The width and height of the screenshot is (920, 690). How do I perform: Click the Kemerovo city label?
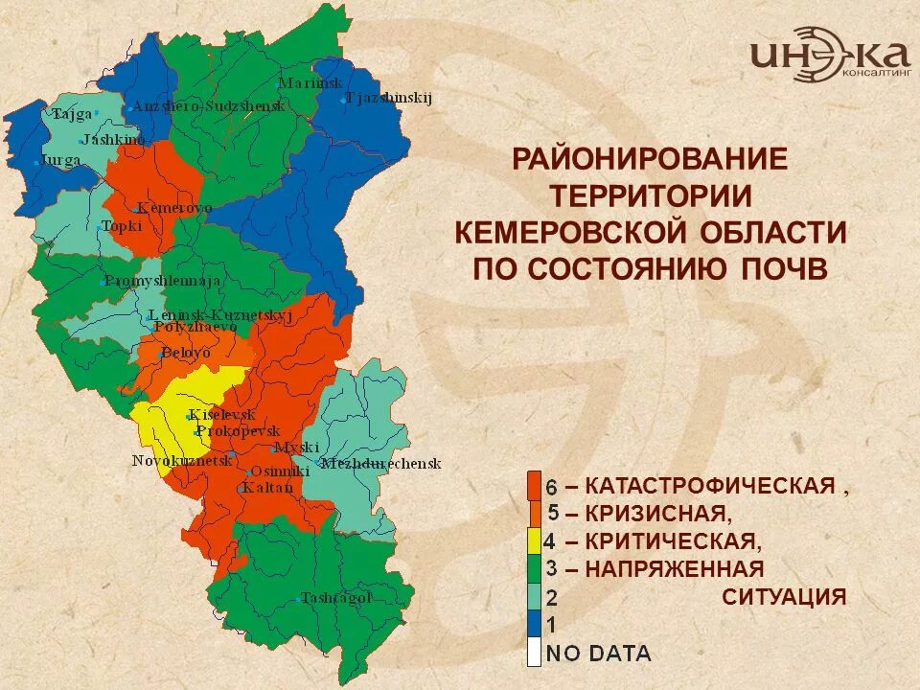pos(174,208)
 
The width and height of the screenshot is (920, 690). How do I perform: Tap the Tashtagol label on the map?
pos(335,598)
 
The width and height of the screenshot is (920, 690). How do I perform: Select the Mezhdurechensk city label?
pos(380,464)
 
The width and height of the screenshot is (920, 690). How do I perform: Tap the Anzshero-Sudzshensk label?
pos(208,106)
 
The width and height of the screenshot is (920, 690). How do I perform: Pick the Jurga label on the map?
pos(58,160)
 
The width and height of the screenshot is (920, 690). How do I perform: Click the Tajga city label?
pos(72,114)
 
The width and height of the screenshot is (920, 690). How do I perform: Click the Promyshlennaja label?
pos(163,281)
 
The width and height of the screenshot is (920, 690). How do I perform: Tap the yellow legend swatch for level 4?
pos(534,541)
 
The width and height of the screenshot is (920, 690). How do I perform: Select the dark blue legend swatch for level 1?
pos(534,625)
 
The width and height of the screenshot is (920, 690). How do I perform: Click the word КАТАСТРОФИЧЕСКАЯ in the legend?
pos(709,485)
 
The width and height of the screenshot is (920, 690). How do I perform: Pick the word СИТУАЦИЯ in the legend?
pos(784,597)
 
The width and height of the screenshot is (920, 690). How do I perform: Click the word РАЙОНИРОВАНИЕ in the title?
pos(650,158)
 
